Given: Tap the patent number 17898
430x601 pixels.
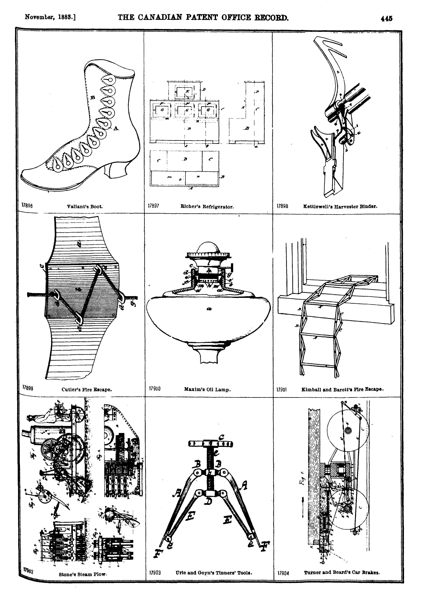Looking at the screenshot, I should pos(282,206).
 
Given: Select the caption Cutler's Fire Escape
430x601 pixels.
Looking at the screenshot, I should pos(87,390).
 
